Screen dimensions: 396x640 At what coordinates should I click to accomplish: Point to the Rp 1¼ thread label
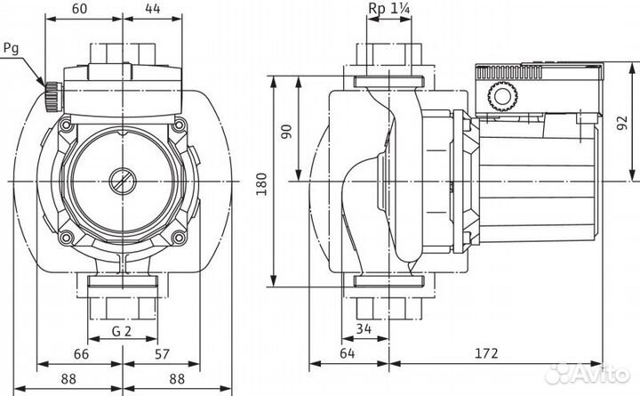tap(388, 9)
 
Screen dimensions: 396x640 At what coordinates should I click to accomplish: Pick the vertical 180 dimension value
tap(260, 182)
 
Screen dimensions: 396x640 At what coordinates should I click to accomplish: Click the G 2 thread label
tap(124, 331)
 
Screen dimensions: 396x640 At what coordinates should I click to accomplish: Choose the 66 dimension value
tap(80, 354)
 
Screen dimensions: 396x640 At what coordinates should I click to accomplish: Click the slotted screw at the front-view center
tap(123, 182)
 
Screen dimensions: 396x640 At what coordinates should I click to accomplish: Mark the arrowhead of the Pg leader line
tap(44, 85)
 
